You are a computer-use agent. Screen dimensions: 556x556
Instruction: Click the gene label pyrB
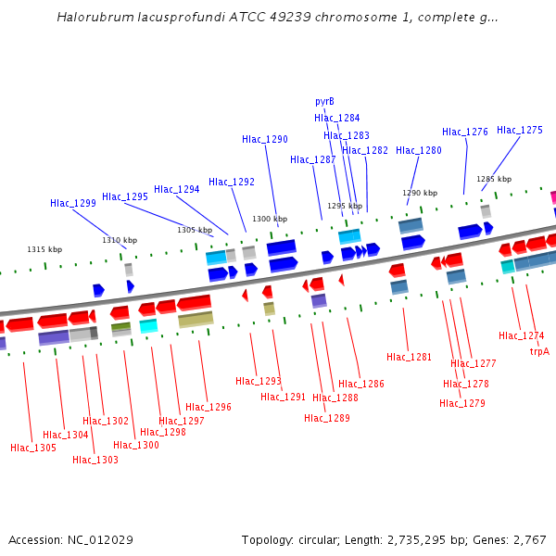324,102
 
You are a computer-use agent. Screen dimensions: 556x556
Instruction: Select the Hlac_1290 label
265,140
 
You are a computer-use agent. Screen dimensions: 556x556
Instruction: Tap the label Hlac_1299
73,204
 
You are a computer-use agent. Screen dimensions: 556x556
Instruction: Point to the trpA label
539,352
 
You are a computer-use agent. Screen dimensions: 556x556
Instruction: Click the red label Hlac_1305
33,449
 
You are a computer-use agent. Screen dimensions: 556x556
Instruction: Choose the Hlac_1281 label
410,358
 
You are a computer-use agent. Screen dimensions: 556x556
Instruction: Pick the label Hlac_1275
520,131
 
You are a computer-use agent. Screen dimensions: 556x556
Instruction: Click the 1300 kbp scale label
270,219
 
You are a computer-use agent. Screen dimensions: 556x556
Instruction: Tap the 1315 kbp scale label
44,250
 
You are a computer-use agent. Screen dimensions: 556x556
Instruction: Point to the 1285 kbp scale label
494,180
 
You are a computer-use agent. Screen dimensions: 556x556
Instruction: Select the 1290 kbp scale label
419,194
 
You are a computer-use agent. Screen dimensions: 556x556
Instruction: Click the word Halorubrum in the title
92,18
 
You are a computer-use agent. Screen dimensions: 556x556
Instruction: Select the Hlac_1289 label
327,419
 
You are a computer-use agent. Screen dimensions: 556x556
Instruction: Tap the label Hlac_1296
208,408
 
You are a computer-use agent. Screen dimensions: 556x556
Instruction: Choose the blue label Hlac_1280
419,151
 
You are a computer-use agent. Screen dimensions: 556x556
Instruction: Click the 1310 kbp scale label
120,241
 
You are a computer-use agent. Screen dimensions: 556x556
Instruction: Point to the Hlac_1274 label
522,336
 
